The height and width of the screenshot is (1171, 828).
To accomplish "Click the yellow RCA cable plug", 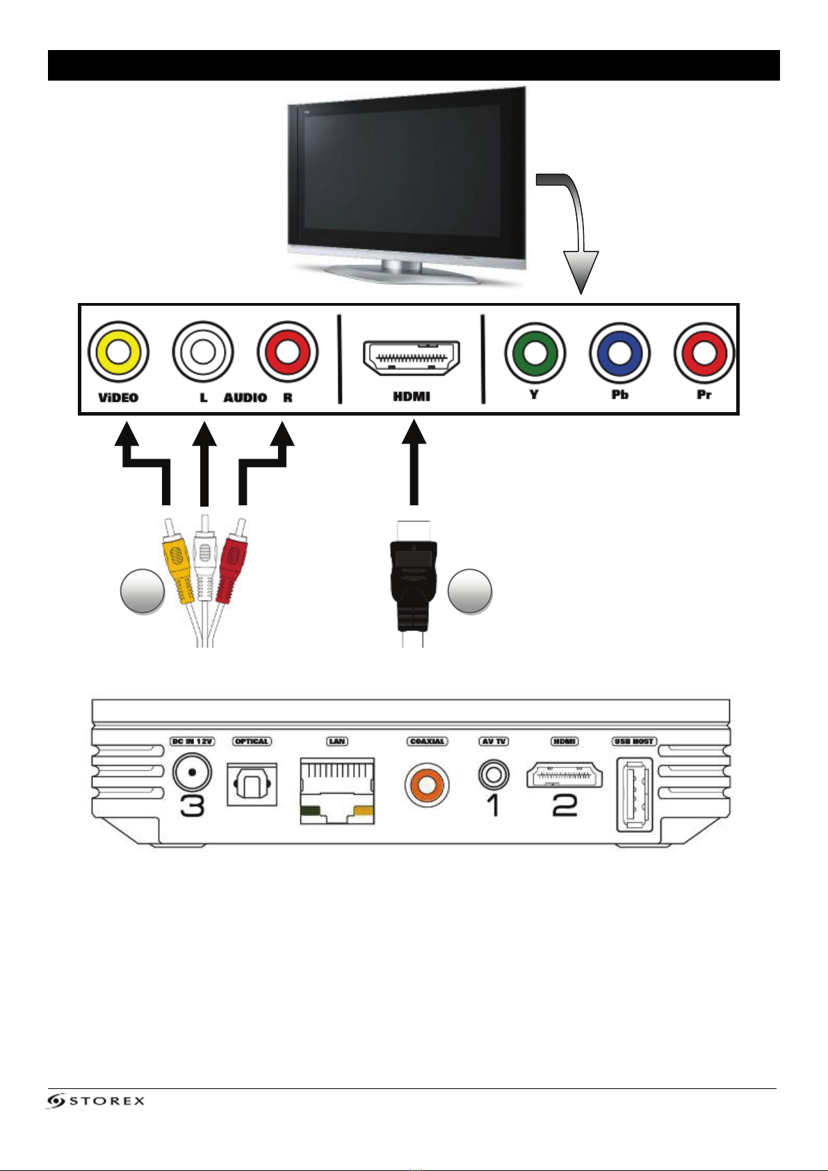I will coord(177,563).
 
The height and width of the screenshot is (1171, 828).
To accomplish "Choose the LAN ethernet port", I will coord(337,790).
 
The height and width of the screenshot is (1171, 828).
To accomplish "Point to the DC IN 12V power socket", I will coord(193,772).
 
